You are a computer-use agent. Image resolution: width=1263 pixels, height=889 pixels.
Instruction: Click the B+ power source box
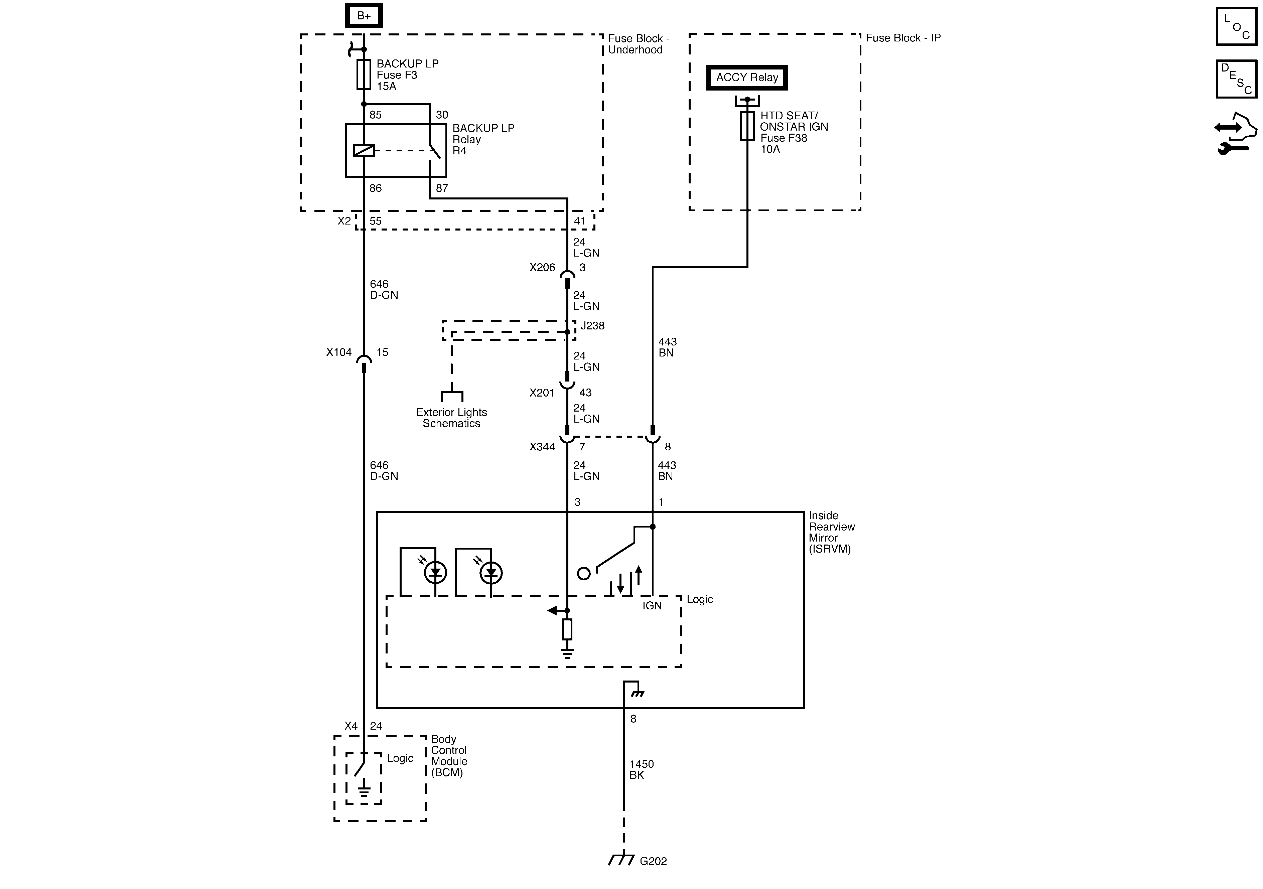(x=364, y=15)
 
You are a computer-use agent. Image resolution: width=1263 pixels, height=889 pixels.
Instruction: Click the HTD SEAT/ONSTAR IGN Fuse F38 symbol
(x=747, y=126)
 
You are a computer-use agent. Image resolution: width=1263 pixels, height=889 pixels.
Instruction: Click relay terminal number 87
(x=442, y=188)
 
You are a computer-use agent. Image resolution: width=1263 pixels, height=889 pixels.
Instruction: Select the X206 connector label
(x=542, y=267)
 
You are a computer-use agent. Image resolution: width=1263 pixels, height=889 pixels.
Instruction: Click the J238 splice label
(x=592, y=326)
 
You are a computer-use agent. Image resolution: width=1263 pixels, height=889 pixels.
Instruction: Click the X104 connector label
(x=339, y=352)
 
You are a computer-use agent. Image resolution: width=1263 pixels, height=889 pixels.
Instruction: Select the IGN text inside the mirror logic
(x=652, y=606)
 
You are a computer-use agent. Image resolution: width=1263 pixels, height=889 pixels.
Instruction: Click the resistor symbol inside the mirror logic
(x=567, y=629)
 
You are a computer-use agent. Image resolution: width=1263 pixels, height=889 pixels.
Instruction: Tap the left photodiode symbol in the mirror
(x=435, y=573)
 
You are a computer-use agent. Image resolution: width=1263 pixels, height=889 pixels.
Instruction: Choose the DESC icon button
(x=1236, y=79)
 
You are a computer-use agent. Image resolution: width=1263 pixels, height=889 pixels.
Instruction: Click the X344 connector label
(x=542, y=447)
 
